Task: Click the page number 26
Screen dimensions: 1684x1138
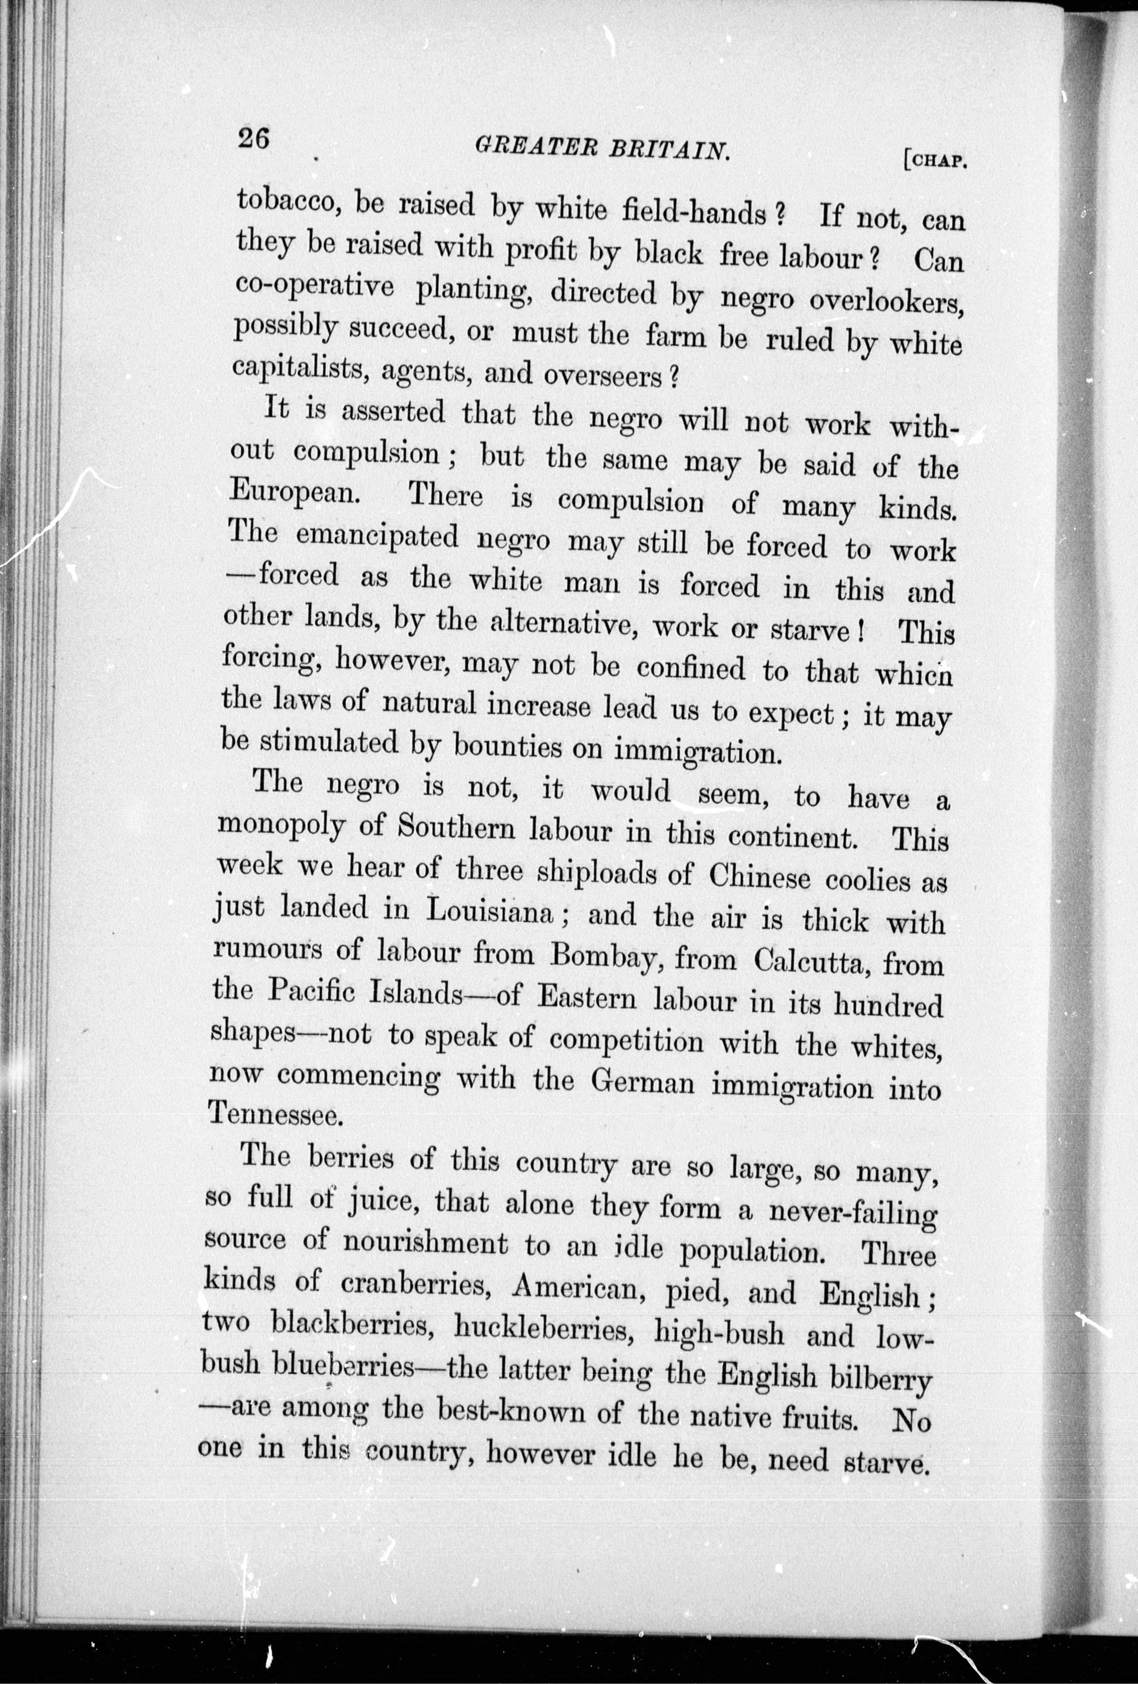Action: [253, 137]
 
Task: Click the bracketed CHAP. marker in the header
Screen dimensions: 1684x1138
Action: [936, 159]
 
